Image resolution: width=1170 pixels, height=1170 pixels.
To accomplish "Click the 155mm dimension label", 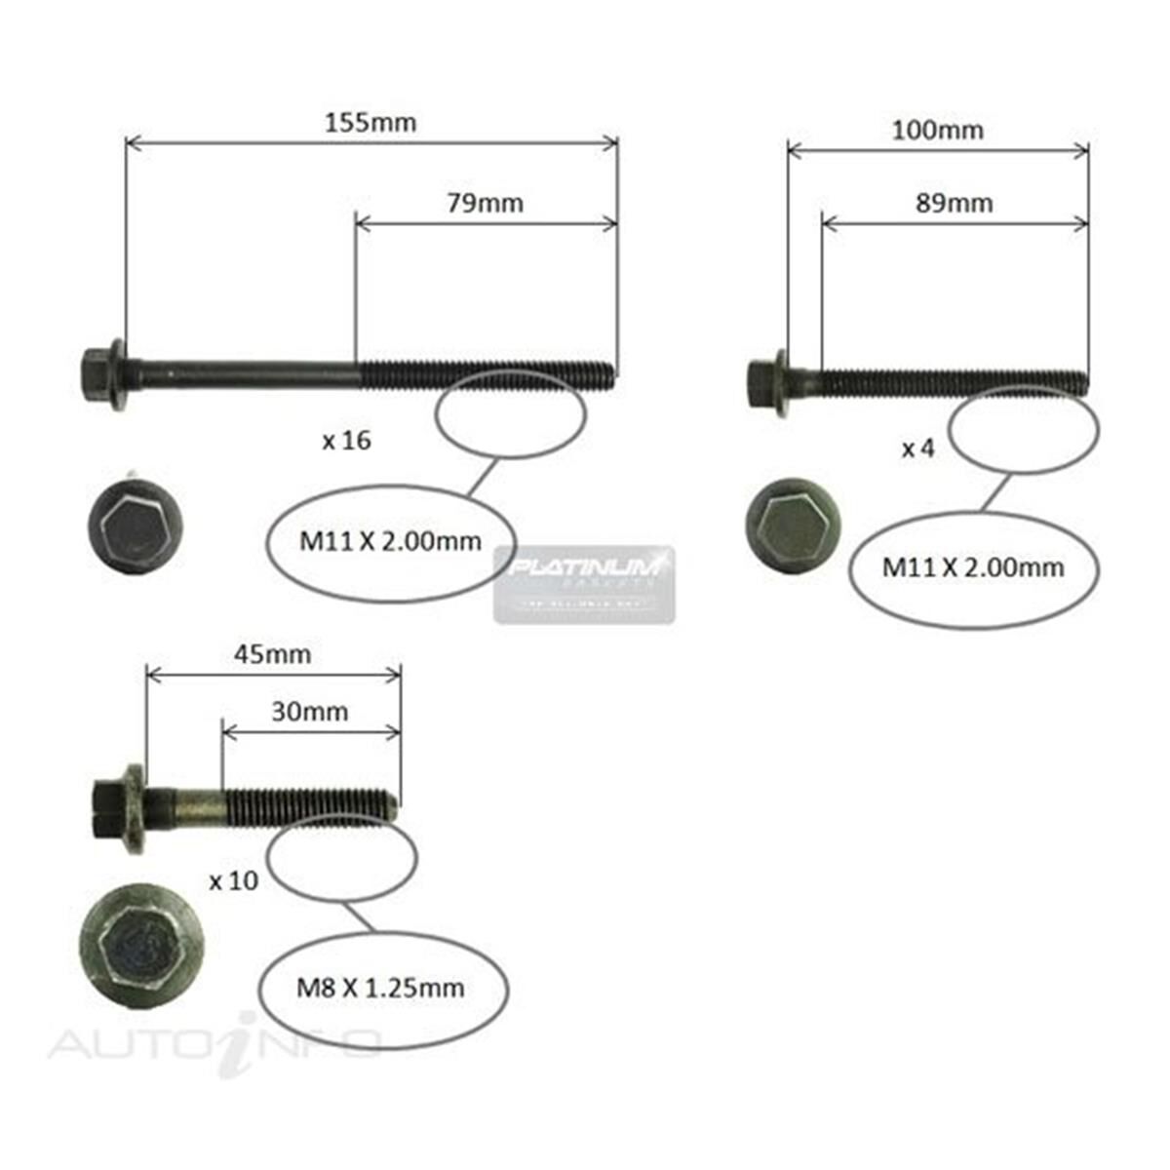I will click(x=370, y=123).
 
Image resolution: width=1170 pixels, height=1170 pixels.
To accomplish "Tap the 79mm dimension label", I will click(x=485, y=203).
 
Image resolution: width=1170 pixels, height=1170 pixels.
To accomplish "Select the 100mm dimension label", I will click(x=937, y=130).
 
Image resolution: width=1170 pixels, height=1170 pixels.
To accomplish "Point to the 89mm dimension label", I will click(x=955, y=203).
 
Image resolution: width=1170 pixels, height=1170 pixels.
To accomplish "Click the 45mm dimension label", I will click(x=272, y=654).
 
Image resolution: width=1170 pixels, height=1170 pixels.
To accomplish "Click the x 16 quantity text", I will click(x=346, y=441).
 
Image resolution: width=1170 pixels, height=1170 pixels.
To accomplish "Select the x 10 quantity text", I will click(x=233, y=880).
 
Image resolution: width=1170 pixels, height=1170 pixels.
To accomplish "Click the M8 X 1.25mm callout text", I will click(x=380, y=989).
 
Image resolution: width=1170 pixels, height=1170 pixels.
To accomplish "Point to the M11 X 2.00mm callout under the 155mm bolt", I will click(x=390, y=541).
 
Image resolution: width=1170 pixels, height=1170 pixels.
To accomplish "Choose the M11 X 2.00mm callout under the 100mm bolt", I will click(x=973, y=566).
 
